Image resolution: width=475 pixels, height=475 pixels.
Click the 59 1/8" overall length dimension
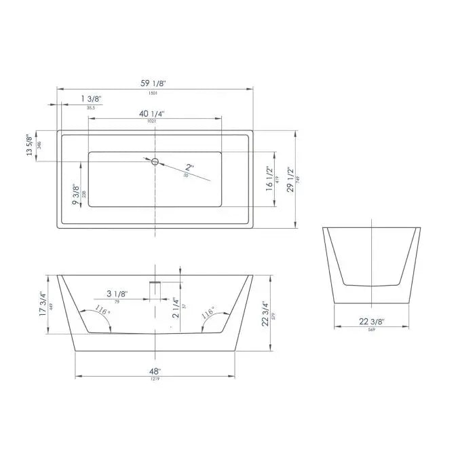153,83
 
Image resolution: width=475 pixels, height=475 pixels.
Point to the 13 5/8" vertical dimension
29,145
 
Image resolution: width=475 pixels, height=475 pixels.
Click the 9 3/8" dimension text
76,194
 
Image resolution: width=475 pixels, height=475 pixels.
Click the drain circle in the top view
155,161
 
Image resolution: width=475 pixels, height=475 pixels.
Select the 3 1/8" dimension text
117,294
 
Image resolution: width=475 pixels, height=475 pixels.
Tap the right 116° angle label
209,313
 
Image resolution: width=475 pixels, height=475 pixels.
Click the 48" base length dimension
155,371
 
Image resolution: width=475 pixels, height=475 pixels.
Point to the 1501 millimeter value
153,92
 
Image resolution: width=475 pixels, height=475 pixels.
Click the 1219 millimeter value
155,379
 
